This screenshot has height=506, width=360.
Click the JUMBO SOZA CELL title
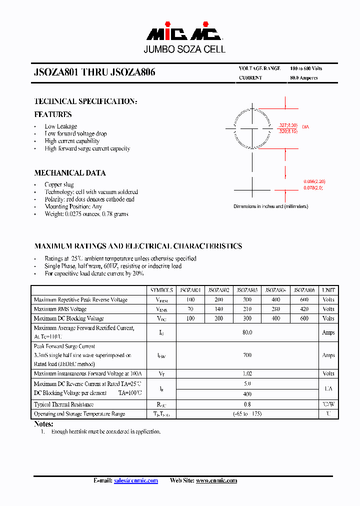[184, 49]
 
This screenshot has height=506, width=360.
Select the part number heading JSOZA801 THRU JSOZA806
[94, 72]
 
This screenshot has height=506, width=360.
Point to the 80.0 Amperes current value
[303, 78]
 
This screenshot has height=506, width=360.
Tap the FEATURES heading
[53, 114]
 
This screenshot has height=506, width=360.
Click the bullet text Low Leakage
[61, 126]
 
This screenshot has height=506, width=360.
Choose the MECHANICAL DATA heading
[70, 173]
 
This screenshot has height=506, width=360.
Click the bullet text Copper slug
[59, 184]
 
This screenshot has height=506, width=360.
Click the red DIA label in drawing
[305, 127]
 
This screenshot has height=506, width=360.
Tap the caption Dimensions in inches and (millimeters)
[270, 206]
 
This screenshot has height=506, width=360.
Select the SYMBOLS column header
[161, 290]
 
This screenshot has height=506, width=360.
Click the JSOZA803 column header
[247, 290]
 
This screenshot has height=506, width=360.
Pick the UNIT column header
[328, 290]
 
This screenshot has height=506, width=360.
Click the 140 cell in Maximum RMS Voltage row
[218, 309]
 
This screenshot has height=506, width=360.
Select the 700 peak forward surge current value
[247, 355]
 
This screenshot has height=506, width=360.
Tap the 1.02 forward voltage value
[247, 373]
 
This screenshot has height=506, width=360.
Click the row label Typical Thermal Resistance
[63, 404]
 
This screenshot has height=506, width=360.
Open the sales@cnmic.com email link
[136, 480]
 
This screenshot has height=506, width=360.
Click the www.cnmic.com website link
[216, 480]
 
